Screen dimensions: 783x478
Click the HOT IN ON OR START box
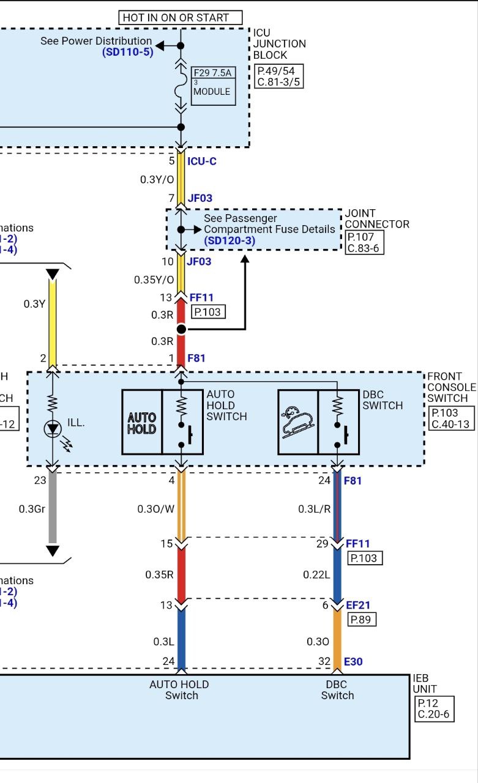(x=181, y=18)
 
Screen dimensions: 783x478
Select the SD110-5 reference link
(x=127, y=52)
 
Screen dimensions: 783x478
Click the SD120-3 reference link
(x=230, y=240)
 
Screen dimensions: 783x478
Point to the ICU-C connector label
(x=202, y=161)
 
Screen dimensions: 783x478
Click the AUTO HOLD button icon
(x=142, y=422)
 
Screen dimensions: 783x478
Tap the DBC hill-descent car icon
(x=298, y=422)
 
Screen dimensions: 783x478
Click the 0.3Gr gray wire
(x=53, y=508)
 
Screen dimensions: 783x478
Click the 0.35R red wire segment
(x=181, y=575)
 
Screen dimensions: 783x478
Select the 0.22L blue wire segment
(x=337, y=575)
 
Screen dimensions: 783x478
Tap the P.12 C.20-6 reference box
(x=435, y=709)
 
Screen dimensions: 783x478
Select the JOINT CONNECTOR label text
(x=377, y=219)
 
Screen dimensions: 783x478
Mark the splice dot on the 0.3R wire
(x=181, y=330)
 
